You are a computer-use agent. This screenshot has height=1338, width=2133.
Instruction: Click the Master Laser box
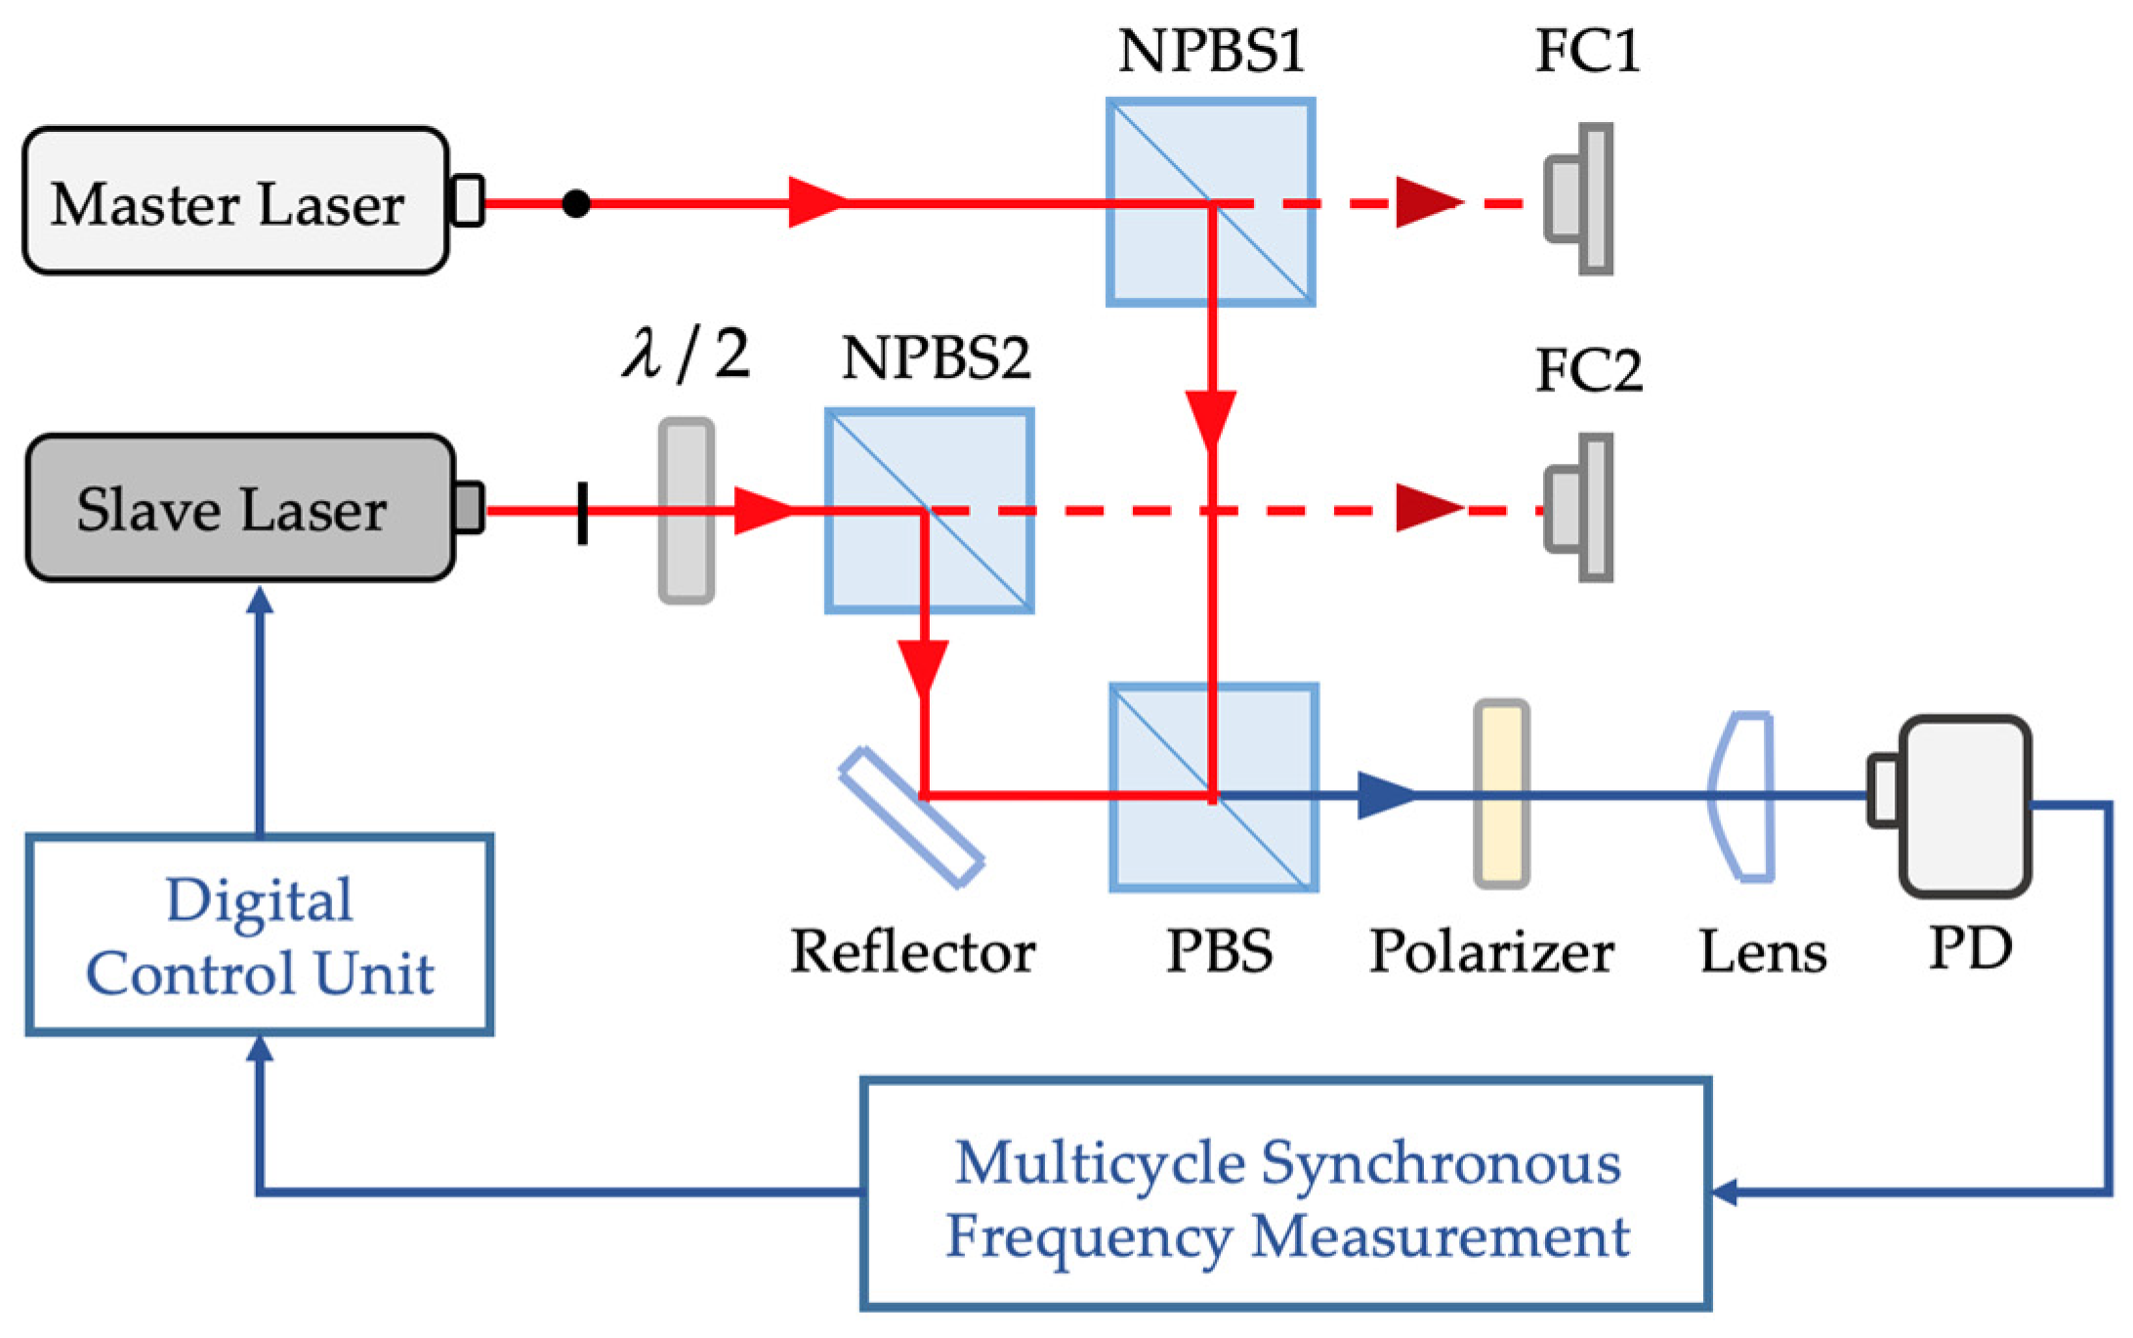(x=234, y=201)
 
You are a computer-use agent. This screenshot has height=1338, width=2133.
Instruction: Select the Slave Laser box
(x=239, y=509)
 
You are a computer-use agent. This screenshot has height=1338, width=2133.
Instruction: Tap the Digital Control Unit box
(x=259, y=935)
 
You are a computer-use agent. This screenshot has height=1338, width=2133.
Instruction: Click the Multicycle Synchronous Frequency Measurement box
(x=1285, y=1194)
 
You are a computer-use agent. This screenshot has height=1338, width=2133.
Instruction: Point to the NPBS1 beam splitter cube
(x=1210, y=202)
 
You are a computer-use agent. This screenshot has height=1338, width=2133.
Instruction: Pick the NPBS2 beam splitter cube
(x=929, y=511)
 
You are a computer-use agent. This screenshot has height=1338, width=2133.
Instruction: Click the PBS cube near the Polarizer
(x=1213, y=787)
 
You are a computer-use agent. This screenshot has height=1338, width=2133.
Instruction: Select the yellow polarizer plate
(x=1501, y=793)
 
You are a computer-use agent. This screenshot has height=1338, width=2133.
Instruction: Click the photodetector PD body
(x=1964, y=806)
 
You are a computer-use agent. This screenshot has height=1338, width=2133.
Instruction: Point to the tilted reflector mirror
(x=911, y=817)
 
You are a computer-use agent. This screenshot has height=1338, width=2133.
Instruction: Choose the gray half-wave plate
(x=686, y=511)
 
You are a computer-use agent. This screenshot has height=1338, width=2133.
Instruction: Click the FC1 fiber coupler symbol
(x=1580, y=200)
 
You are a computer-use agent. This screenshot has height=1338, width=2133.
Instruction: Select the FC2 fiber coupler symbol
(x=1580, y=508)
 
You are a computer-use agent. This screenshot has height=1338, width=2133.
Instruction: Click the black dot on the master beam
(x=576, y=203)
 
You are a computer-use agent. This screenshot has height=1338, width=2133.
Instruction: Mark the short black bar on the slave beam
(x=583, y=512)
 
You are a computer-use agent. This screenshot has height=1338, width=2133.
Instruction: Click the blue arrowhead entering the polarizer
(x=1385, y=795)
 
